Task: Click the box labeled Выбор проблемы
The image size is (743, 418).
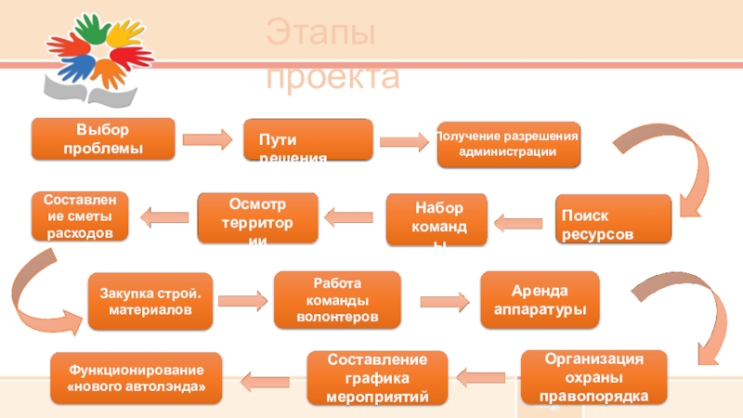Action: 103,138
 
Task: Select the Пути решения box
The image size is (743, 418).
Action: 308,139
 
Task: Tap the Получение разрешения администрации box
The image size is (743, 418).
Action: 509,143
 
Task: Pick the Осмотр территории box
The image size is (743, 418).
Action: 257,217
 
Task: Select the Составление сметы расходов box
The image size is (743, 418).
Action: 79,216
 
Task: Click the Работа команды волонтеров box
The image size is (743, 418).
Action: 336,298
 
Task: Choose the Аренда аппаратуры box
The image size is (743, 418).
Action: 540,299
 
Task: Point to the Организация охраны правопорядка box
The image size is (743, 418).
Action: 593,376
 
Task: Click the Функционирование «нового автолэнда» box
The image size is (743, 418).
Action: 136,377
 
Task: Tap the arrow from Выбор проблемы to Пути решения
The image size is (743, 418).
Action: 206,139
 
